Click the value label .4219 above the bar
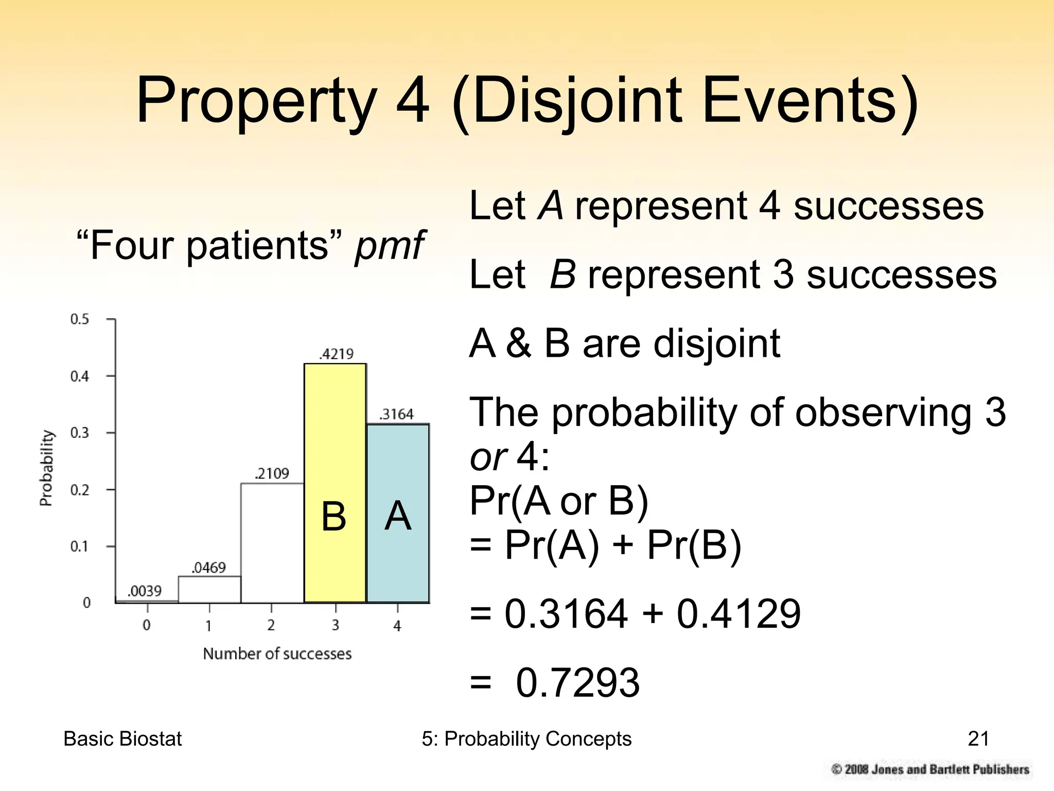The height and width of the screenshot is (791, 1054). pyautogui.click(x=337, y=354)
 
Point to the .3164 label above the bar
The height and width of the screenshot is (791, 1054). pyautogui.click(x=396, y=415)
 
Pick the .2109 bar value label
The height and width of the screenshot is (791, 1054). pyautogui.click(x=272, y=474)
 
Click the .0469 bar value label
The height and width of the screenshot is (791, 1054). pyautogui.click(x=208, y=568)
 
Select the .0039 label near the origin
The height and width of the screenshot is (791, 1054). pyautogui.click(x=145, y=591)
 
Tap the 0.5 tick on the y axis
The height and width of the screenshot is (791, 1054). pyautogui.click(x=80, y=319)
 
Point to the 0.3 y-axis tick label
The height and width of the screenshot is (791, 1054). pyautogui.click(x=80, y=433)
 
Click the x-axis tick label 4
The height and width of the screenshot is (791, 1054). pyautogui.click(x=397, y=626)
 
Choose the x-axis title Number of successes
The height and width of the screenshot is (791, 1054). pyautogui.click(x=277, y=654)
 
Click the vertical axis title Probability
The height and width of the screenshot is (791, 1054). pyautogui.click(x=46, y=468)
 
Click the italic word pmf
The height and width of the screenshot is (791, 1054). pyautogui.click(x=389, y=246)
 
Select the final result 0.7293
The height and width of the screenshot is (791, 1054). pyautogui.click(x=577, y=683)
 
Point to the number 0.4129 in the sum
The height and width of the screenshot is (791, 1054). pyautogui.click(x=739, y=614)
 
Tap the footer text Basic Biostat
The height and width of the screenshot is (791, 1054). pyautogui.click(x=122, y=739)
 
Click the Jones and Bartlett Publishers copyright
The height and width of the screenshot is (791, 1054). pyautogui.click(x=930, y=769)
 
